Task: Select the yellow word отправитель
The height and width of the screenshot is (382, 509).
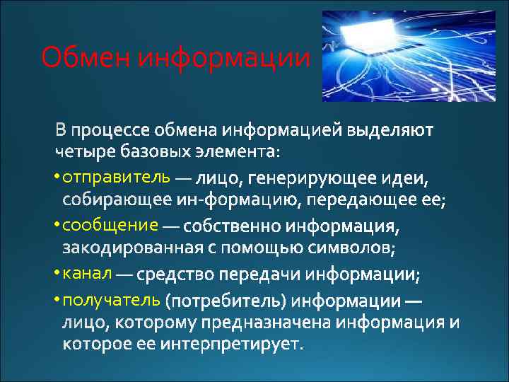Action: [x=117, y=176]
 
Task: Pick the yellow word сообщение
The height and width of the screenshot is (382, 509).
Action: [x=110, y=225]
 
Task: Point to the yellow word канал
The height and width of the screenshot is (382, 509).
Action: [x=87, y=272]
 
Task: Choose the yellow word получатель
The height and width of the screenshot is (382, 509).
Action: [x=112, y=299]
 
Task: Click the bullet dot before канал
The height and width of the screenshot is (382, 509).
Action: [x=57, y=273]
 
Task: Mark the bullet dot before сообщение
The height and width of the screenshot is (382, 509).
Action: [x=57, y=226]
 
